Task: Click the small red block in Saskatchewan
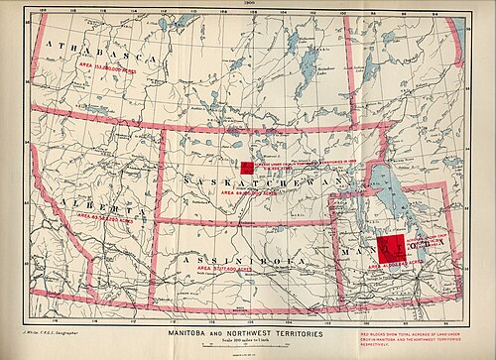click(247, 168)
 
